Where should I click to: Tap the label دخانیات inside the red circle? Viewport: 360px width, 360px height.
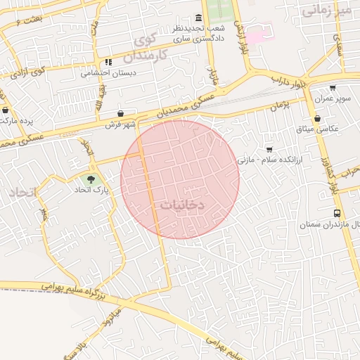178,205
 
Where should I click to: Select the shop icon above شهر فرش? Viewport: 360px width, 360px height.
121,113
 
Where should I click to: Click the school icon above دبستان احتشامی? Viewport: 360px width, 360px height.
108,62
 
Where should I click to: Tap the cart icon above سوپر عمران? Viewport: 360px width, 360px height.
333,88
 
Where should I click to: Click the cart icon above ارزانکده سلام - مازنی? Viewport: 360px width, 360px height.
269,149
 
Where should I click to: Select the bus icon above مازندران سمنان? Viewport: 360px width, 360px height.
337,213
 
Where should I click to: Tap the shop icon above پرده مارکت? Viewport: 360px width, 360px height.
6,110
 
